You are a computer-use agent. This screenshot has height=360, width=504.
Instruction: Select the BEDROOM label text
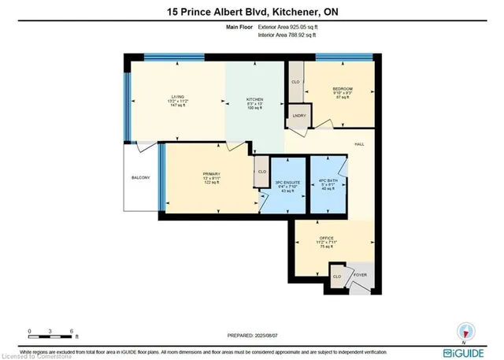[342, 88]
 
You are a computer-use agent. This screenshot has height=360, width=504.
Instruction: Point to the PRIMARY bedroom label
[210, 173]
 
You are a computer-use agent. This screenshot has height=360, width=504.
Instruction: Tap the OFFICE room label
[328, 237]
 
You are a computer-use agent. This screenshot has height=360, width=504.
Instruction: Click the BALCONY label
[140, 178]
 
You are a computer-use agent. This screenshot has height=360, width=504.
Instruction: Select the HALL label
[358, 144]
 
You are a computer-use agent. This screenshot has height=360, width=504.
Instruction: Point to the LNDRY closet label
[298, 117]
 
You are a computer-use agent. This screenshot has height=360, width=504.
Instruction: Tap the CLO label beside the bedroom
[295, 81]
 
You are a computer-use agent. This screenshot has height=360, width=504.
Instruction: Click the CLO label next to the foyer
[336, 276]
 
